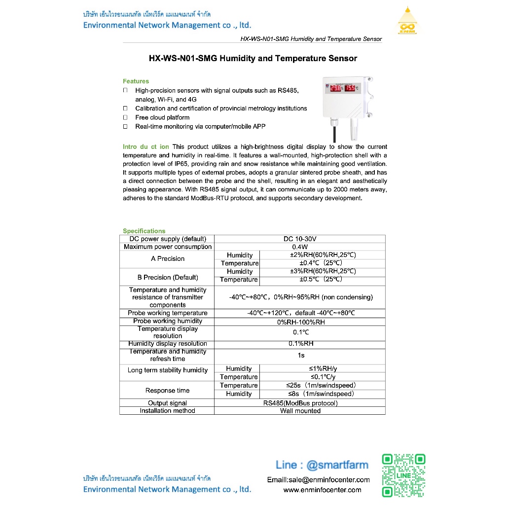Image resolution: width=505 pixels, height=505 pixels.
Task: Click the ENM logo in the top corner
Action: tap(407, 22)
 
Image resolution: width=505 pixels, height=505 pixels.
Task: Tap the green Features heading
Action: tap(136, 81)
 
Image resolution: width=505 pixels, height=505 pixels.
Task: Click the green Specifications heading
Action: tap(144, 231)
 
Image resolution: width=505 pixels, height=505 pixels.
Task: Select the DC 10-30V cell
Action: tap(300, 239)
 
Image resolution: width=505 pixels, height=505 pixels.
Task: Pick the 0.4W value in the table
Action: tap(300, 247)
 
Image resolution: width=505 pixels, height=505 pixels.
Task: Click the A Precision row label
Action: tap(168, 259)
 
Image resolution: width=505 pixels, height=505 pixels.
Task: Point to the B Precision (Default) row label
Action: tap(168, 277)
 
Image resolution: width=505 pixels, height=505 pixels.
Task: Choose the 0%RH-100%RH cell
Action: tap(300, 322)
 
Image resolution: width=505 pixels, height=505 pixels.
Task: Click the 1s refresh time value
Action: tap(301, 355)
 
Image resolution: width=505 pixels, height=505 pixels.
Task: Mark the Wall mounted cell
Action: tap(300, 411)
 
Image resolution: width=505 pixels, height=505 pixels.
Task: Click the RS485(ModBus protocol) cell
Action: tap(300, 403)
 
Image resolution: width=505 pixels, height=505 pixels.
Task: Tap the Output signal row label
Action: tap(167, 403)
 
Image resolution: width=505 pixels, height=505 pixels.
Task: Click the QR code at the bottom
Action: tap(404, 475)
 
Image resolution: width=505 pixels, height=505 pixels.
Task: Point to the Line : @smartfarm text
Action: tap(322, 465)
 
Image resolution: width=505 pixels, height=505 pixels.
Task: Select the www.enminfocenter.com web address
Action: tap(322, 490)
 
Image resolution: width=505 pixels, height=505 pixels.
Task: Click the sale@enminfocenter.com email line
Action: tap(318, 479)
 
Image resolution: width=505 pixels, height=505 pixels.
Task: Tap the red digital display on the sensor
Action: tap(344, 88)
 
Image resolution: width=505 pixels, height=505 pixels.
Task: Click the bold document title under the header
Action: tap(252, 58)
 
